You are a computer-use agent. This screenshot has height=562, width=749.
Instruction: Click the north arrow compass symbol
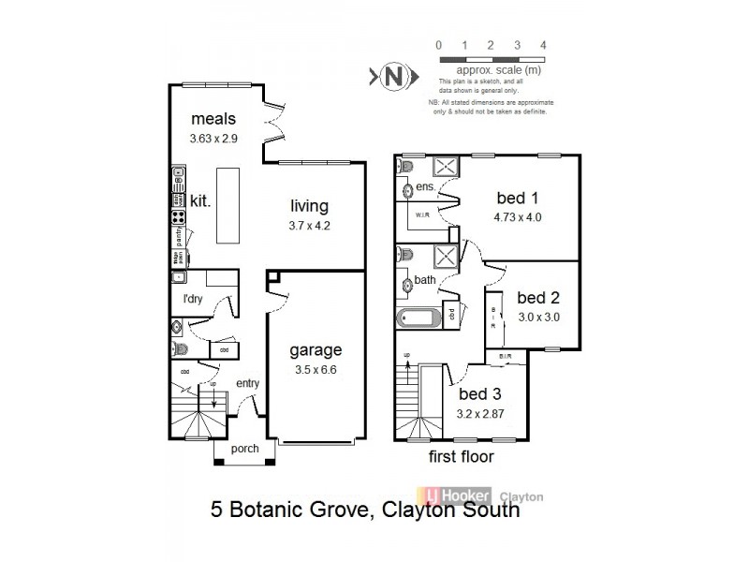click(x=391, y=76)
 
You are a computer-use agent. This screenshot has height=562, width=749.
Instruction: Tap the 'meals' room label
click(x=213, y=119)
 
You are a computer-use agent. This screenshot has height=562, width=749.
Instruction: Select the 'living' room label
click(x=309, y=206)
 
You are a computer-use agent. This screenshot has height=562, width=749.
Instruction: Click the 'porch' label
click(x=244, y=449)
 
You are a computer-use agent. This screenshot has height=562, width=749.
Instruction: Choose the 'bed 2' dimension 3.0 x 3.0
click(x=538, y=317)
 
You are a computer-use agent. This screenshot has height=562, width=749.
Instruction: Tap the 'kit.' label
click(x=200, y=200)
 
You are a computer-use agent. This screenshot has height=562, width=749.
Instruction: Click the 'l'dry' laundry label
click(x=194, y=299)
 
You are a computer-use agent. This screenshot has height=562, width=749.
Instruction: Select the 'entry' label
click(x=248, y=382)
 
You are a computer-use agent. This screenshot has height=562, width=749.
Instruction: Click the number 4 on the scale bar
click(x=544, y=45)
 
